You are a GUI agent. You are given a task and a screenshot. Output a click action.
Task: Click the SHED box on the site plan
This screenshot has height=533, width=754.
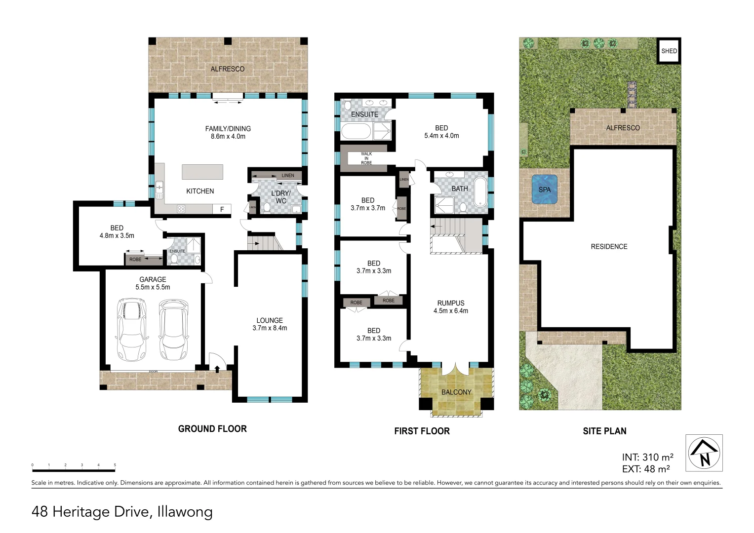(x=669, y=51)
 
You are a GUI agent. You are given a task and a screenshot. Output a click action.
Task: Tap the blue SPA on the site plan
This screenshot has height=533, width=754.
(x=544, y=190)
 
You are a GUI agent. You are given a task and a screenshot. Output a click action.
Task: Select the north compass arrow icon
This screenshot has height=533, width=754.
(x=704, y=453)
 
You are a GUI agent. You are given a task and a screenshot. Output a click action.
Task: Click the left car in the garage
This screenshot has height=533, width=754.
(x=131, y=329)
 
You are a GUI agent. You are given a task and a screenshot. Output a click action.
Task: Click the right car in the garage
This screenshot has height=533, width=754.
(x=173, y=329)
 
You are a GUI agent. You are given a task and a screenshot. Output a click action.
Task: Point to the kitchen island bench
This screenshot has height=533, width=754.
(x=202, y=172)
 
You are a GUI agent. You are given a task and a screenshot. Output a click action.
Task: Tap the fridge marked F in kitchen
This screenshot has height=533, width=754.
(x=222, y=209)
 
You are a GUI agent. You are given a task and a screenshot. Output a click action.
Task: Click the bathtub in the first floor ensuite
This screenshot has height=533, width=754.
(x=356, y=132)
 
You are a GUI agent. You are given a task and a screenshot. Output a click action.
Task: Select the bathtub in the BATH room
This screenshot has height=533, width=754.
(x=480, y=192)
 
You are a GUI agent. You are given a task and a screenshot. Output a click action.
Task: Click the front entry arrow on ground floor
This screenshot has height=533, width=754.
(x=217, y=369)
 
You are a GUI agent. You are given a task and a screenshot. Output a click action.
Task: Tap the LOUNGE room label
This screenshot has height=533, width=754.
(x=270, y=320)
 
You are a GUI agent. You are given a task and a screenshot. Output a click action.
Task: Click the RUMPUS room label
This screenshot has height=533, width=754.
(x=450, y=303)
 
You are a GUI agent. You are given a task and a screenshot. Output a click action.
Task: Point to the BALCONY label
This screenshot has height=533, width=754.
(x=456, y=392)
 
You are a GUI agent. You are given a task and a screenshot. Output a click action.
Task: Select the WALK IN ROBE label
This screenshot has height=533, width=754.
(x=366, y=158)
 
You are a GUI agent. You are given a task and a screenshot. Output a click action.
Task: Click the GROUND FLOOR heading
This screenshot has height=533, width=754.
(x=212, y=429)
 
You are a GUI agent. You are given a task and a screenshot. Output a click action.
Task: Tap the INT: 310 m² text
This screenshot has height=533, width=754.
(x=647, y=457)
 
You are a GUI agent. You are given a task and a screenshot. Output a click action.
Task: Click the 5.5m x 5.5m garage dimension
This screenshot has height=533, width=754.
(x=153, y=287)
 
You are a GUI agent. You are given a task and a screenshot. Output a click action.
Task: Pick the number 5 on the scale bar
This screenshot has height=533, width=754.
(x=115, y=465)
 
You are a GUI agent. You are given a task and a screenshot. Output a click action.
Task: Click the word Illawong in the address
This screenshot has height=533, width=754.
(x=185, y=512)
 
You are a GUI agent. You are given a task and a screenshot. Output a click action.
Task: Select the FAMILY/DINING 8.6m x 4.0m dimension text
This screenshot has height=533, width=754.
(x=228, y=137)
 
